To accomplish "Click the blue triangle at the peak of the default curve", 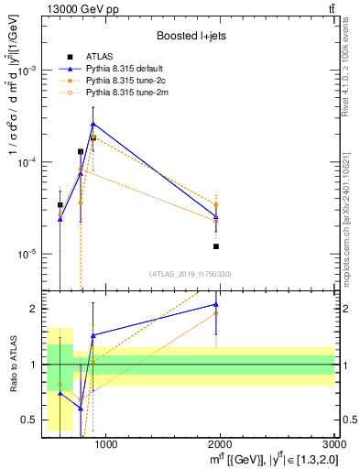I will click(93, 124).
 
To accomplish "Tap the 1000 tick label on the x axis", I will click(105, 444).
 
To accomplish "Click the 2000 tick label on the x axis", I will click(220, 444).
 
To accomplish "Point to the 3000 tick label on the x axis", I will click(334, 444).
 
